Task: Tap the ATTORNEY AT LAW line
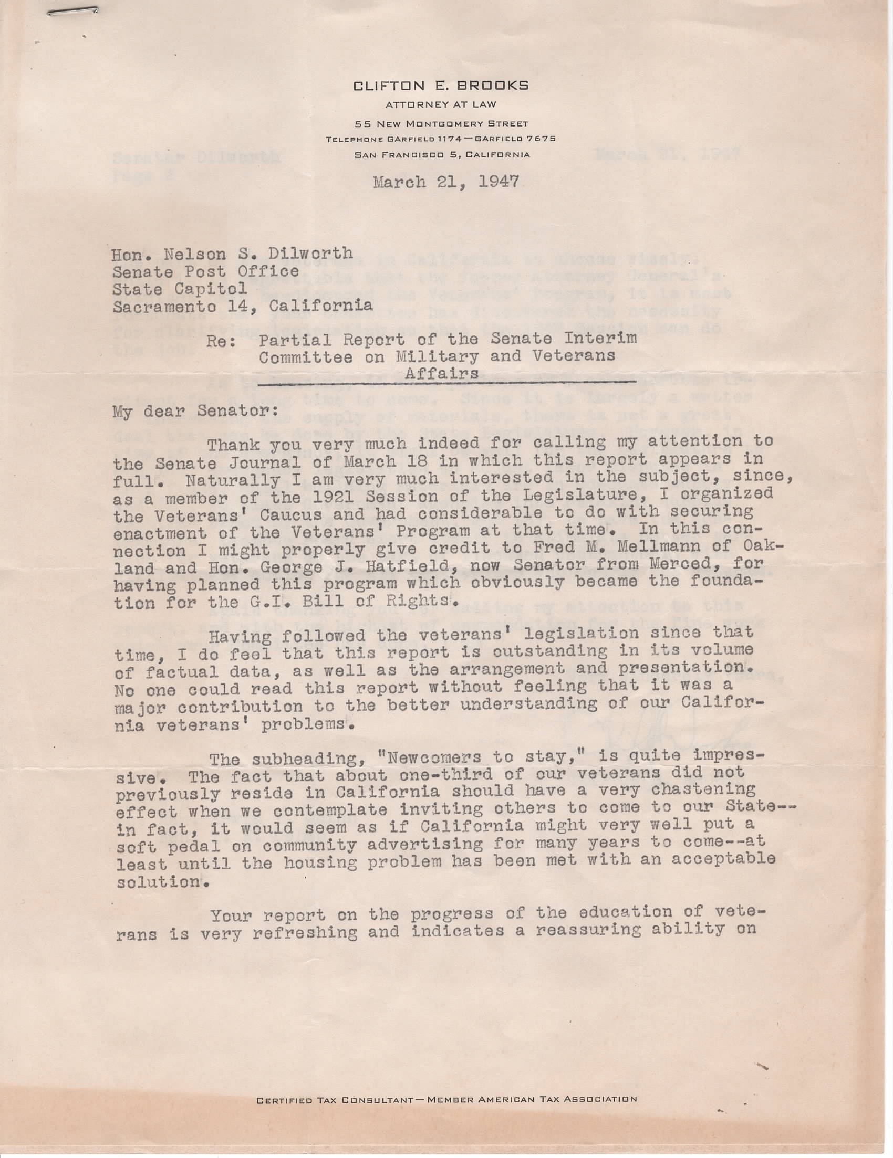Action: click(x=441, y=105)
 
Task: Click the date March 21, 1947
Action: click(x=446, y=182)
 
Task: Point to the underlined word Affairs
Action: click(x=441, y=373)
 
